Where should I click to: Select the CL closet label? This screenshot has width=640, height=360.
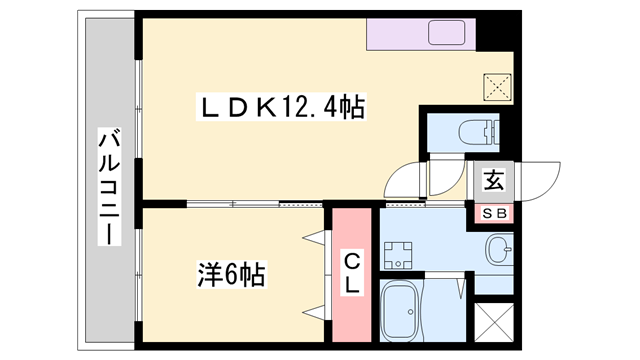click(353, 273)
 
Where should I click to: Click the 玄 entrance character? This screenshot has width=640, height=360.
click(493, 181)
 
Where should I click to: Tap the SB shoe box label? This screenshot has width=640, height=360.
click(493, 212)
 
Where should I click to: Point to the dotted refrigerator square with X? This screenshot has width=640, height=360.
click(497, 84)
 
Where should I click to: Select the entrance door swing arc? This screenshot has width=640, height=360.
click(540, 180)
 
